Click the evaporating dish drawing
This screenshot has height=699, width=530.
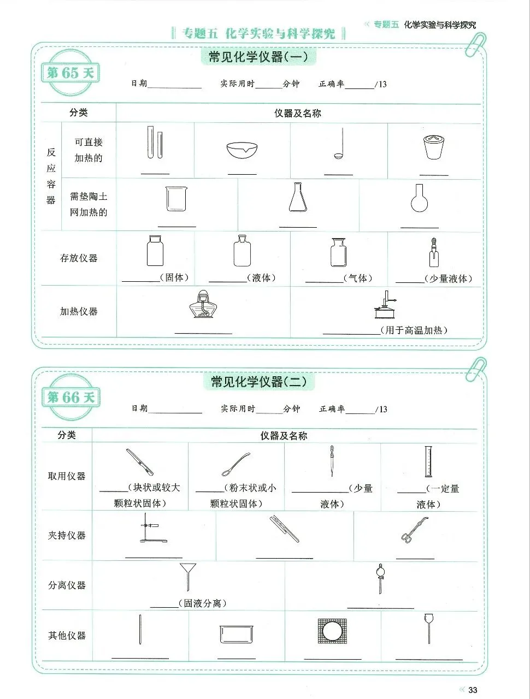[242, 149]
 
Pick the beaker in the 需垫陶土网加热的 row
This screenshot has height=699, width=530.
[176, 199]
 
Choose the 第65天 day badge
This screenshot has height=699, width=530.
[70, 73]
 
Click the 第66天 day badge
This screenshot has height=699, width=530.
[71, 397]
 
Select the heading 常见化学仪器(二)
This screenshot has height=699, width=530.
[258, 381]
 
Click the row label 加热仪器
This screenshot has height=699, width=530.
[79, 311]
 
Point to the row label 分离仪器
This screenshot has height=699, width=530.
[67, 585]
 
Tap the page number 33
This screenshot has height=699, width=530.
[473, 690]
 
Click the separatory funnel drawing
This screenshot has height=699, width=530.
[379, 578]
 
